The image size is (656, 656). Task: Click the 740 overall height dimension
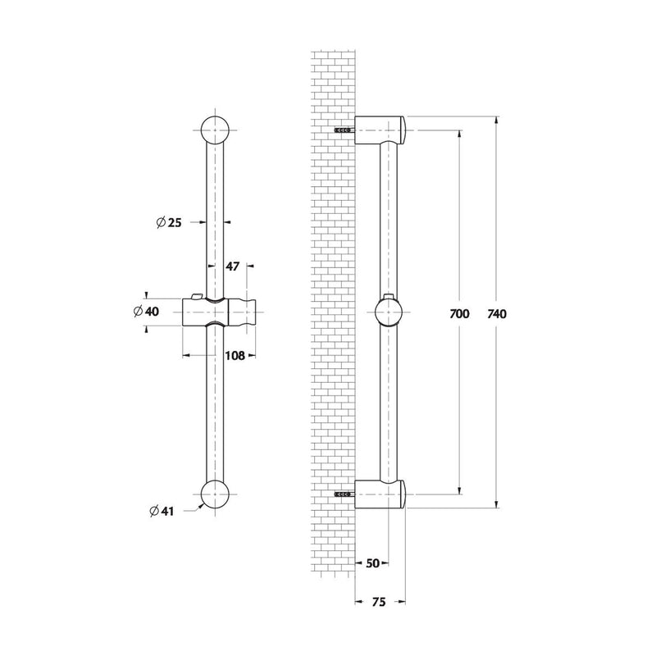(x=497, y=314)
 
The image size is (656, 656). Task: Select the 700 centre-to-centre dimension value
(x=459, y=314)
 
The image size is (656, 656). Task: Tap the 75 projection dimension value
(x=379, y=602)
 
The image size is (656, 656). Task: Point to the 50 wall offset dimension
(x=372, y=563)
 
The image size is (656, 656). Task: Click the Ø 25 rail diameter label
(x=169, y=222)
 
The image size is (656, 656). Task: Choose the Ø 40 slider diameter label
(x=147, y=312)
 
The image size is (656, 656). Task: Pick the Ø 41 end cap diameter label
(x=162, y=511)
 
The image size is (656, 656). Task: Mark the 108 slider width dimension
(x=235, y=356)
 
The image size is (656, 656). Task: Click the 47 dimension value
(x=233, y=266)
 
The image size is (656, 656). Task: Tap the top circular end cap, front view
(x=215, y=130)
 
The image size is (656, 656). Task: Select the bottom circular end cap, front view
(x=215, y=494)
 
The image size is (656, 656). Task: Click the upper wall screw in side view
(x=344, y=130)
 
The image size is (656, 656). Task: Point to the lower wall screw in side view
(x=344, y=494)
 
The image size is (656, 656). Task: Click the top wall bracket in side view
(x=380, y=130)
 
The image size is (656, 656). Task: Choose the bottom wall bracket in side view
(x=380, y=494)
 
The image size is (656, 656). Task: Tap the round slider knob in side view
(x=389, y=312)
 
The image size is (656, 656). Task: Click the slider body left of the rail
(x=194, y=312)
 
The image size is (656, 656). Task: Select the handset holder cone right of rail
(x=241, y=312)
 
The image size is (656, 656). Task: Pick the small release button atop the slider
(x=196, y=297)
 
